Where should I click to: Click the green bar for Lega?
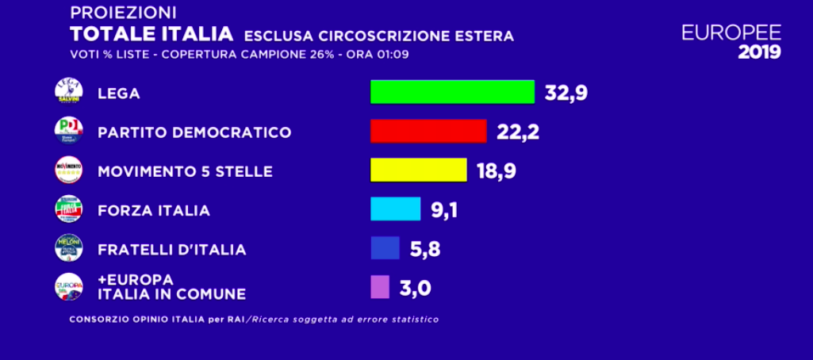pyautogui.click(x=452, y=92)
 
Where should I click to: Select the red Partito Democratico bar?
pyautogui.click(x=428, y=131)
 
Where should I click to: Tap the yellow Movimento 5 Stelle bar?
pyautogui.click(x=418, y=170)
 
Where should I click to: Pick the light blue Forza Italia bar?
pyautogui.click(x=395, y=209)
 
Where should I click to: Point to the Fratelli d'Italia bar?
pyautogui.click(x=385, y=247)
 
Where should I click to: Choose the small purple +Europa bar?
pyautogui.click(x=380, y=286)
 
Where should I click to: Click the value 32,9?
pyautogui.click(x=566, y=93)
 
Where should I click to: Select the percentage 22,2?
pyautogui.click(x=518, y=132)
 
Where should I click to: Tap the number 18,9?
pyautogui.click(x=495, y=170)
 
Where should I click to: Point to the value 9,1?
pyautogui.click(x=444, y=209)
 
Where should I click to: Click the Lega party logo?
pyautogui.click(x=68, y=91)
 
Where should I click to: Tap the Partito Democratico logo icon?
pyautogui.click(x=68, y=130)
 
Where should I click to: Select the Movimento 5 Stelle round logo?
pyautogui.click(x=68, y=170)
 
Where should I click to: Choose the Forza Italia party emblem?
pyautogui.click(x=68, y=209)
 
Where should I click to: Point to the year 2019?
pyautogui.click(x=759, y=53)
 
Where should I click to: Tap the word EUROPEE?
pyautogui.click(x=731, y=32)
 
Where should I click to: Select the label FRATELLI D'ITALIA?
pyautogui.click(x=171, y=249)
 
